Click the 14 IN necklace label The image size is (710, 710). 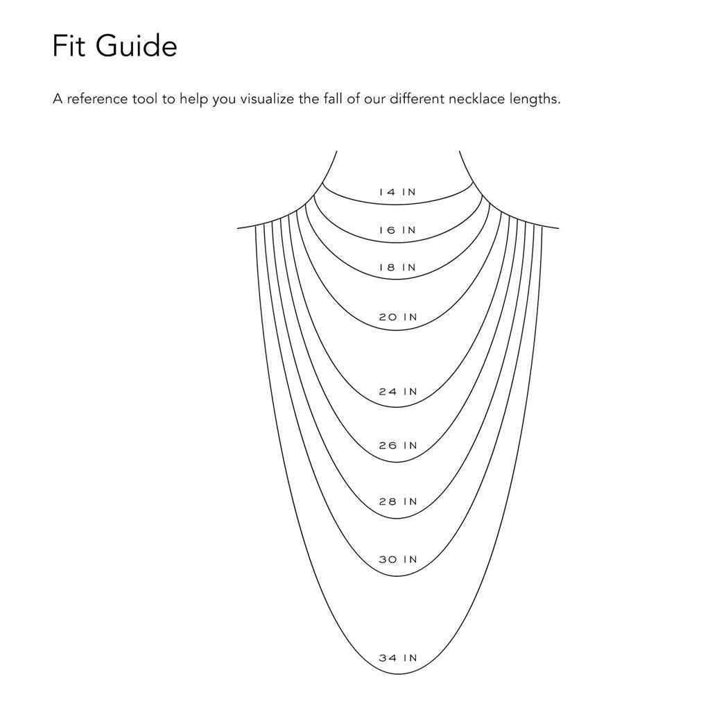(397, 192)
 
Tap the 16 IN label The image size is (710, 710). (397, 230)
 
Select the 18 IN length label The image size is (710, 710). (397, 268)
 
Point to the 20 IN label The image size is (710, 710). (398, 317)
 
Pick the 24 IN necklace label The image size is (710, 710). (398, 391)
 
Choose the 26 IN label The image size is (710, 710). (398, 446)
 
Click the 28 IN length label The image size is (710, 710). (398, 502)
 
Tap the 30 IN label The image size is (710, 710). (398, 560)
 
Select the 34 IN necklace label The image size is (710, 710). (398, 658)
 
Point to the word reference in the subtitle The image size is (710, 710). (97, 98)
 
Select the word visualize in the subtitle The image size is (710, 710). (267, 98)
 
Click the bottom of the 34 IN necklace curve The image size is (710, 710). (397, 674)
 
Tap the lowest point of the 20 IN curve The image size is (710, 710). (397, 330)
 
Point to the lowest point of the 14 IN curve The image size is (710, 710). (397, 205)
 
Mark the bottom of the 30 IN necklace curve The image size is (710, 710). (397, 576)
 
